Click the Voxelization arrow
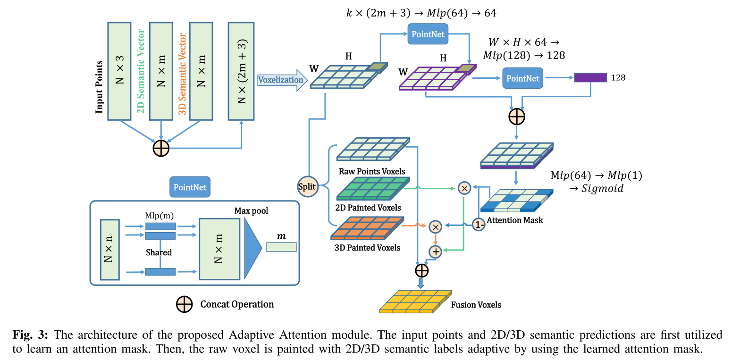(281, 80)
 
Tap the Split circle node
(307, 185)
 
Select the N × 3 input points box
(121, 70)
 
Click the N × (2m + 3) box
(242, 70)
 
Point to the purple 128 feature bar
(590, 78)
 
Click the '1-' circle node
(479, 225)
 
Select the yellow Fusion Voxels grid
(415, 302)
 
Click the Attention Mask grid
(516, 201)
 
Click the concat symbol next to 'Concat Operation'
(184, 304)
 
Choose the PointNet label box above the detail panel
(190, 187)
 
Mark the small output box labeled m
(281, 247)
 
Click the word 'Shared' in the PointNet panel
(159, 252)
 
